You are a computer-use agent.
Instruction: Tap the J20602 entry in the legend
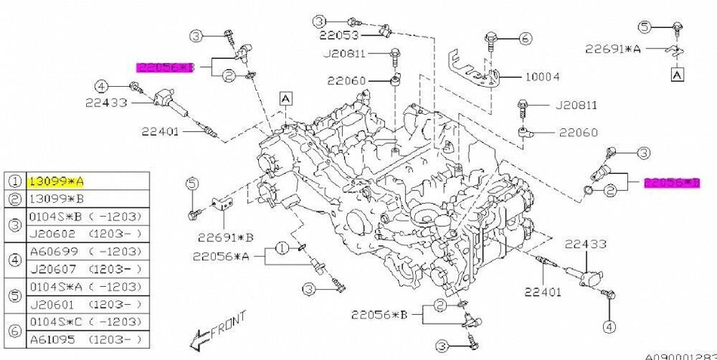tap(48, 234)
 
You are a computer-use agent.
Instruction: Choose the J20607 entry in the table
tap(48, 267)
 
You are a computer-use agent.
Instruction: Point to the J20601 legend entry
tap(48, 303)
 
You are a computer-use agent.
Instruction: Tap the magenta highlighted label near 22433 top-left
tap(165, 67)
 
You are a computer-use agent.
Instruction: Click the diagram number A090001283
tap(679, 355)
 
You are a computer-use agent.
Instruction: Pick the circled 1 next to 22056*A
tap(281, 248)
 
